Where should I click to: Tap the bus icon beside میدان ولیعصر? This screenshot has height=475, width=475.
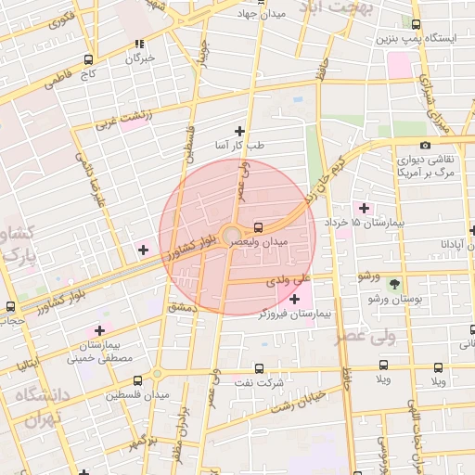coord(257,225)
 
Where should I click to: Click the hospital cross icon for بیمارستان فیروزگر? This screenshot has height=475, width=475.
coord(295,299)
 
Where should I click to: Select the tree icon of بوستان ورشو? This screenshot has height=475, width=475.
coord(396,283)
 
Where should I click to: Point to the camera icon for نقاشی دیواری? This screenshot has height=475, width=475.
coord(425,145)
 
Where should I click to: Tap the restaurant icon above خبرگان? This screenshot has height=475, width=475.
coord(140,43)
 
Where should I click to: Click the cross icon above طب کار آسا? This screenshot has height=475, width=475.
coord(240,131)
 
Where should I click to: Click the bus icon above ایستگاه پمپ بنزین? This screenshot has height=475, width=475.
coord(415,25)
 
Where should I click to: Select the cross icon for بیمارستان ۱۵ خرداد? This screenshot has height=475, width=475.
coord(363,208)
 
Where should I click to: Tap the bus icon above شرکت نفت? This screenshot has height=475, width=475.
coord(258,367)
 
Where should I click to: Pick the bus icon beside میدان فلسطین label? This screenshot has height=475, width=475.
coord(137,380)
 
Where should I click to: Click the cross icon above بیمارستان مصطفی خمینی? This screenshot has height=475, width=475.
coord(100,330)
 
